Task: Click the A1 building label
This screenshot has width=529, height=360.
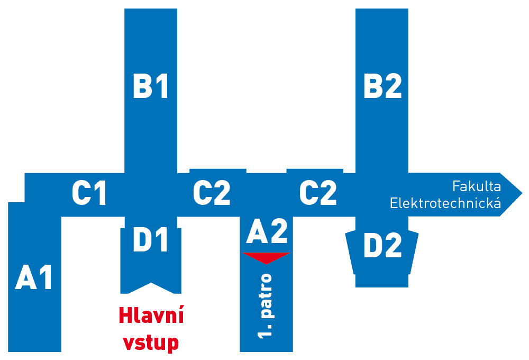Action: (34, 277)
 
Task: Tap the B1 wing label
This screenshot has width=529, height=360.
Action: (151, 86)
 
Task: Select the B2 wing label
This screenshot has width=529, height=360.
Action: (382, 86)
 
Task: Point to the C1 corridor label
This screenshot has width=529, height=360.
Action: (89, 193)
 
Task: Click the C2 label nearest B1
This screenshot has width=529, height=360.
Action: (212, 193)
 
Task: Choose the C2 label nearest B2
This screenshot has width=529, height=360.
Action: (318, 193)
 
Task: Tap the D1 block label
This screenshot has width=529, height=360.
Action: (151, 239)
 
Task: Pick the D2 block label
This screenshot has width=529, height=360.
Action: (382, 245)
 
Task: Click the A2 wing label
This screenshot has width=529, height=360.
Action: (267, 231)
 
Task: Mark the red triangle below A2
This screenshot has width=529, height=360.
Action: (266, 257)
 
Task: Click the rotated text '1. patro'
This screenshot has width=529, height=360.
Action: (266, 306)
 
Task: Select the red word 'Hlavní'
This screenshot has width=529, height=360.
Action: (151, 316)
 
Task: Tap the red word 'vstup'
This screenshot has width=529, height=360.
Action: (151, 343)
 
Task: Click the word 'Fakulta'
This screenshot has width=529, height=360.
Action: (477, 186)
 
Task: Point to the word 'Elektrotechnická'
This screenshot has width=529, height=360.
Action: (445, 203)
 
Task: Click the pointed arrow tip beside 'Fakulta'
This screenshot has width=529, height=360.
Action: (522, 194)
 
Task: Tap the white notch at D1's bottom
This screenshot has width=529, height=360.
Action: (151, 289)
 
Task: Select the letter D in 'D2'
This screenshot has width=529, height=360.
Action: (372, 245)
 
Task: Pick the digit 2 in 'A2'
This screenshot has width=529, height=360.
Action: (279, 231)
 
